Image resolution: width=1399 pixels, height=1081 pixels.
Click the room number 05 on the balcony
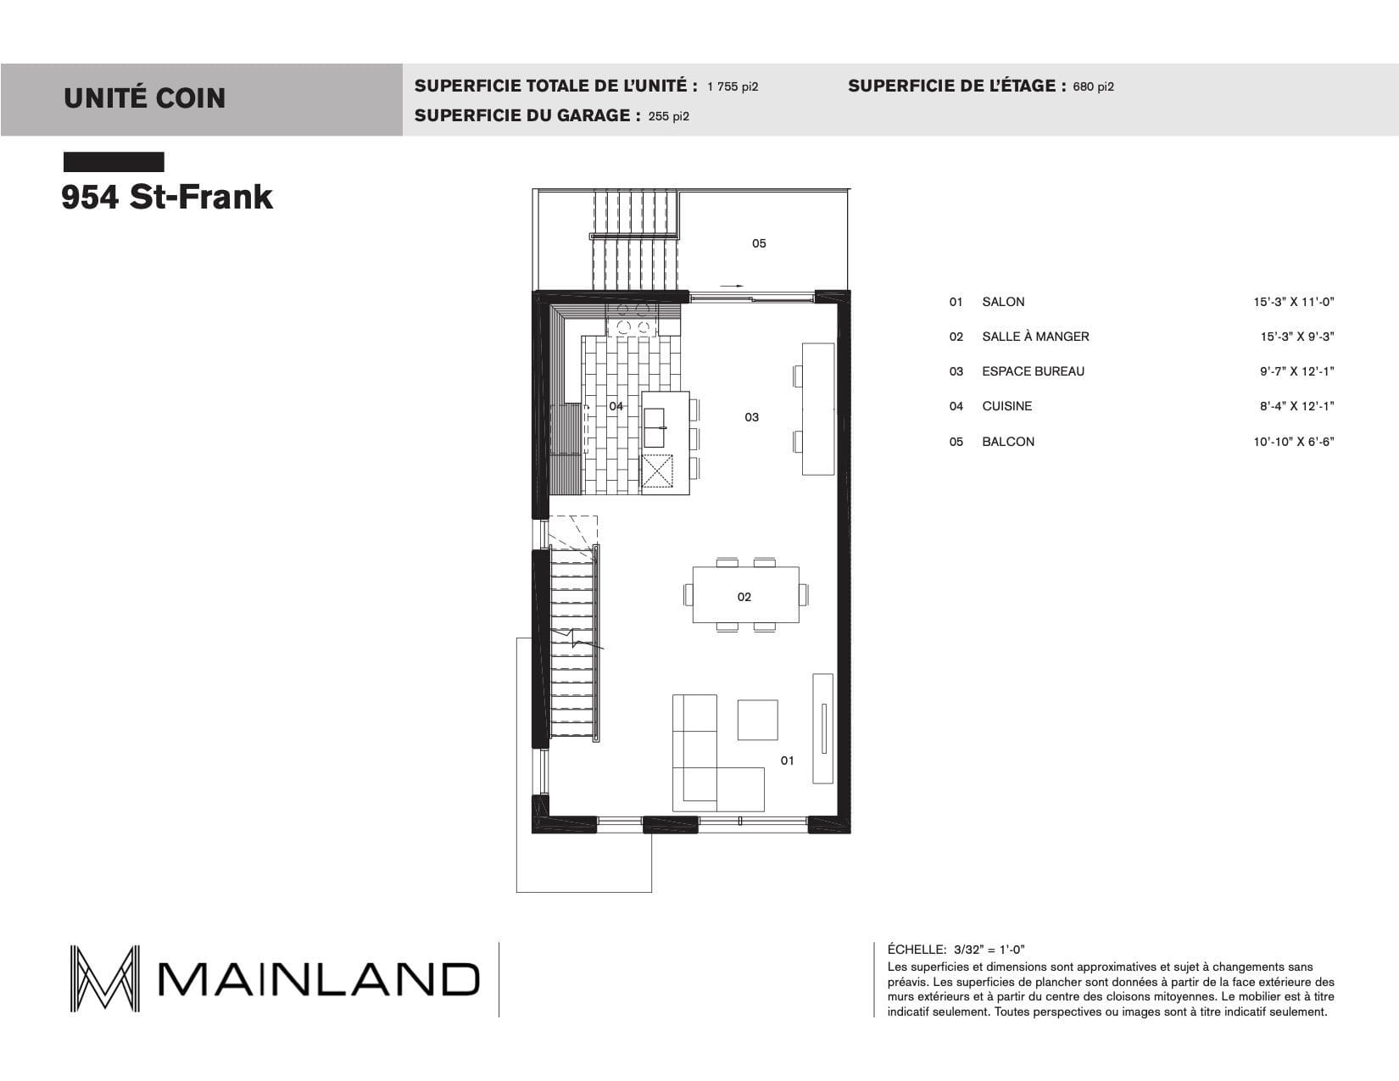point(759,243)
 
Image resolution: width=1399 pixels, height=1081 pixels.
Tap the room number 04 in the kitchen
point(616,406)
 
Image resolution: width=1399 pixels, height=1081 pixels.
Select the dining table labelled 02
point(745,595)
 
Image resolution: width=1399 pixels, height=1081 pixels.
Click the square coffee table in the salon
point(758,720)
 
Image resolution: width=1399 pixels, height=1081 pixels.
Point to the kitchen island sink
point(654,427)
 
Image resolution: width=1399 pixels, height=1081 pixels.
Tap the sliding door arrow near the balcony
point(732,286)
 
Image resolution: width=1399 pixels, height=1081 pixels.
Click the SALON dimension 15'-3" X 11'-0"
point(1293,302)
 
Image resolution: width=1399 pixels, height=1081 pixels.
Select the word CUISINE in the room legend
point(1007,406)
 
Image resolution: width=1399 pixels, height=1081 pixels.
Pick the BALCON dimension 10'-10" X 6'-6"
point(1293,442)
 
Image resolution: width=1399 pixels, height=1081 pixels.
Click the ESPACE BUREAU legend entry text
point(1033,371)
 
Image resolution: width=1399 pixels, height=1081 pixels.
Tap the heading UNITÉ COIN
point(145,98)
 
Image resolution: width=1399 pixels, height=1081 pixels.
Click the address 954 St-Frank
point(167,197)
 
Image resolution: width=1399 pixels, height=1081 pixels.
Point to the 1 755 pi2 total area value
point(733,87)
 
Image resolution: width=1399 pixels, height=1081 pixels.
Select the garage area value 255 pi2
point(669,116)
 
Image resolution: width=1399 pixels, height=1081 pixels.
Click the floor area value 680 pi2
point(1093,87)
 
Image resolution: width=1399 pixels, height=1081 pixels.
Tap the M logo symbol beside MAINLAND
point(104,978)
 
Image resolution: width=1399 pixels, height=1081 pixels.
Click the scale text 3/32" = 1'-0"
point(989,950)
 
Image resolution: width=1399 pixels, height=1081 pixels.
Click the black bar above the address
point(114,162)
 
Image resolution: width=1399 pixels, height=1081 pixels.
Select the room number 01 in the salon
point(787,761)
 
